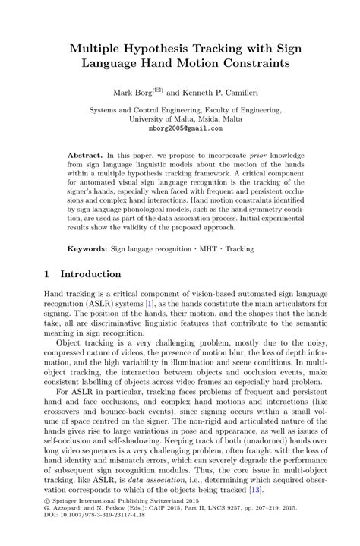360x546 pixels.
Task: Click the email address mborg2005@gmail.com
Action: point(180,128)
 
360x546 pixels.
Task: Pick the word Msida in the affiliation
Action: point(199,119)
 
